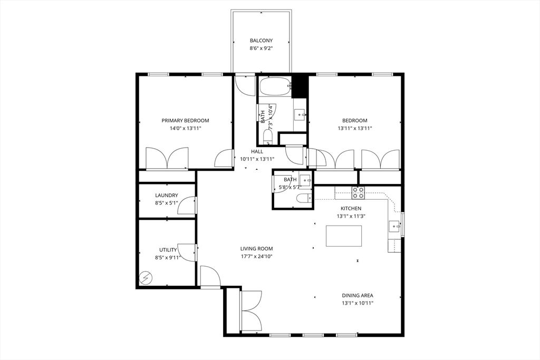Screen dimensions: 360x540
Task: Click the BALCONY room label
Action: (261, 40)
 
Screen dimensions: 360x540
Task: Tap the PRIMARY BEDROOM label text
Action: (185, 120)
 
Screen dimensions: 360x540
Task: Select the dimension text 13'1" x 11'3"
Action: (351, 216)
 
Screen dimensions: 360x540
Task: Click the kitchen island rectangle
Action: (344, 236)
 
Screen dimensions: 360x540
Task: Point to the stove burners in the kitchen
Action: (358, 193)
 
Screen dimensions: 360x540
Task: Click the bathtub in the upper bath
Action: (275, 86)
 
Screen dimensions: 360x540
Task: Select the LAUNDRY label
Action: (166, 195)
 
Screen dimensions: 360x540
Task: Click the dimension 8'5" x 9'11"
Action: (167, 258)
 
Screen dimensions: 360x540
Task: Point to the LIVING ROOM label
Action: (256, 249)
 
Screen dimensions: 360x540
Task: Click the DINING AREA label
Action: (358, 296)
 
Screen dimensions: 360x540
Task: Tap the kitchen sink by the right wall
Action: (394, 227)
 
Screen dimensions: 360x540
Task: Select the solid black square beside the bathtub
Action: (300, 86)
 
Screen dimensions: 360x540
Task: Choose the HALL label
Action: (257, 152)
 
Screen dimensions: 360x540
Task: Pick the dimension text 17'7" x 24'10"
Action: (256, 256)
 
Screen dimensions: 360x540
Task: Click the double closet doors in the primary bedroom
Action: (167, 158)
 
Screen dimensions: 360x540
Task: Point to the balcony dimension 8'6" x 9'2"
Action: (261, 48)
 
